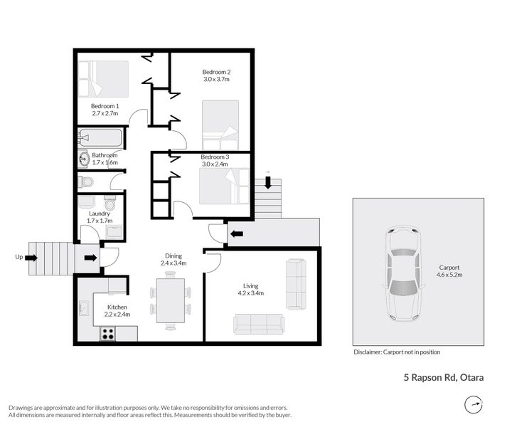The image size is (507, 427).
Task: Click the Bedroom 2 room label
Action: (216, 72)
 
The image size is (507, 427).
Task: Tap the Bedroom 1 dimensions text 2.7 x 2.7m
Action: (105, 113)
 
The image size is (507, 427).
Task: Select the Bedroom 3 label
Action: (215, 157)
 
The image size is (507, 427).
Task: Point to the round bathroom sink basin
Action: (84, 159)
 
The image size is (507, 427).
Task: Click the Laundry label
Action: (99, 213)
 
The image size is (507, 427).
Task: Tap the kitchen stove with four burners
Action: (108, 332)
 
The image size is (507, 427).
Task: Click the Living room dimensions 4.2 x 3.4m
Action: (250, 292)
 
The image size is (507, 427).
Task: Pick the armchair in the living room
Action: (295, 284)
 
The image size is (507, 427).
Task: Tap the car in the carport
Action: (403, 275)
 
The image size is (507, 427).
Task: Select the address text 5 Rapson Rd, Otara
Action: (439, 378)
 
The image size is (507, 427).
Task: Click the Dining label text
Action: (174, 255)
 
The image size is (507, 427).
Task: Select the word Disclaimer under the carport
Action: (367, 352)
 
